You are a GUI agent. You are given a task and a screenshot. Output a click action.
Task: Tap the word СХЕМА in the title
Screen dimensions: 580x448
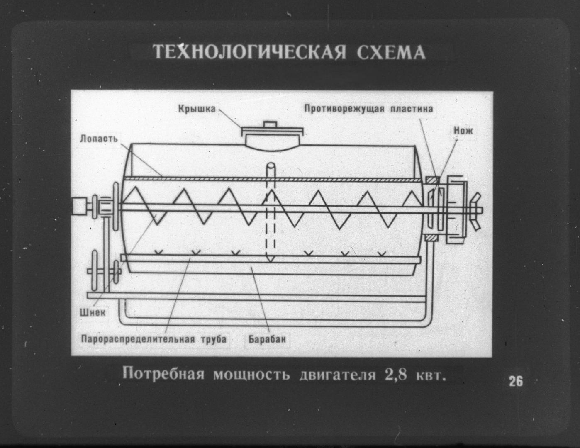pos(391,52)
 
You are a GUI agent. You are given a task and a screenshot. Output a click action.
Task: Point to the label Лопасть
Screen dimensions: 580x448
pos(99,139)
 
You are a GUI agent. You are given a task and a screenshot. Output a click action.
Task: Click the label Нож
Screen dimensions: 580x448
pos(463,131)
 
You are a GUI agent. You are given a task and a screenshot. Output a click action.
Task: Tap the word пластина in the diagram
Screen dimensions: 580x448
pos(412,109)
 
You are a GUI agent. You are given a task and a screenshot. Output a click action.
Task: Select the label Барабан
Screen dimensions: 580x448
pos(267,339)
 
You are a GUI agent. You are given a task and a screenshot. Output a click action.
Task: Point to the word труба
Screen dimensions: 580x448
pos(214,339)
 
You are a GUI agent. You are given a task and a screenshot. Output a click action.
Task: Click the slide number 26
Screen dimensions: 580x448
pos(516,381)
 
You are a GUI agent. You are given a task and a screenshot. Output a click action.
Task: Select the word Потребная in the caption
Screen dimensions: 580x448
pos(163,373)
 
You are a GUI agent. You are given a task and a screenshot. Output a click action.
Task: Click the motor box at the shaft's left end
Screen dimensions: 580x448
pos(79,206)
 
